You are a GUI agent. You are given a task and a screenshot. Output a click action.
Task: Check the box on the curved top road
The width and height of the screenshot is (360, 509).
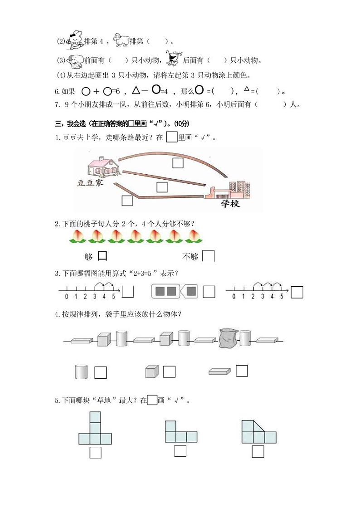(178, 162)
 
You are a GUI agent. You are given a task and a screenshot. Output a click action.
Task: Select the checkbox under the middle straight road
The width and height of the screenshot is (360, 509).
(162, 186)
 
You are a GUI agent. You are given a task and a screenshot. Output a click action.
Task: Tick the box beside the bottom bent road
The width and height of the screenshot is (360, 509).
(127, 200)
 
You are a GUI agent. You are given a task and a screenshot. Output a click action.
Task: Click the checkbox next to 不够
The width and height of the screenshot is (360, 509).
(208, 256)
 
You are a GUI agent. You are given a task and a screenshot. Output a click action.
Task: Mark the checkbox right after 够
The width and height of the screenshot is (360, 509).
(102, 256)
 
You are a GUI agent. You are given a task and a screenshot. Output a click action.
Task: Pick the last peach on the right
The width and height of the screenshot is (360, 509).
(194, 235)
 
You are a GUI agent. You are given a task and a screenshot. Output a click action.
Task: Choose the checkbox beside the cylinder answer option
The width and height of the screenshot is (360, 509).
(101, 372)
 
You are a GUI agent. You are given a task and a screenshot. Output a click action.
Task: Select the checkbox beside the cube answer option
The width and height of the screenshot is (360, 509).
(169, 372)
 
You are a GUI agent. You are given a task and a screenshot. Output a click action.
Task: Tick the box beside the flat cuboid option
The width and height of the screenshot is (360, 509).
(242, 371)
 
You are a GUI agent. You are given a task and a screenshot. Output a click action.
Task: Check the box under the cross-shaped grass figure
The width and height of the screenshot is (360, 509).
(95, 452)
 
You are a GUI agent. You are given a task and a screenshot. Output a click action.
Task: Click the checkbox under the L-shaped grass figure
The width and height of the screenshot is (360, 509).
(180, 451)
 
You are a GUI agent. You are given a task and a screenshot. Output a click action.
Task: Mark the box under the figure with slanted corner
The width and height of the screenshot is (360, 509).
(258, 451)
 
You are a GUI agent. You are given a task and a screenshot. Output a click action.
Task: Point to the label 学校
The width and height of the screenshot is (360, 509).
(230, 204)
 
